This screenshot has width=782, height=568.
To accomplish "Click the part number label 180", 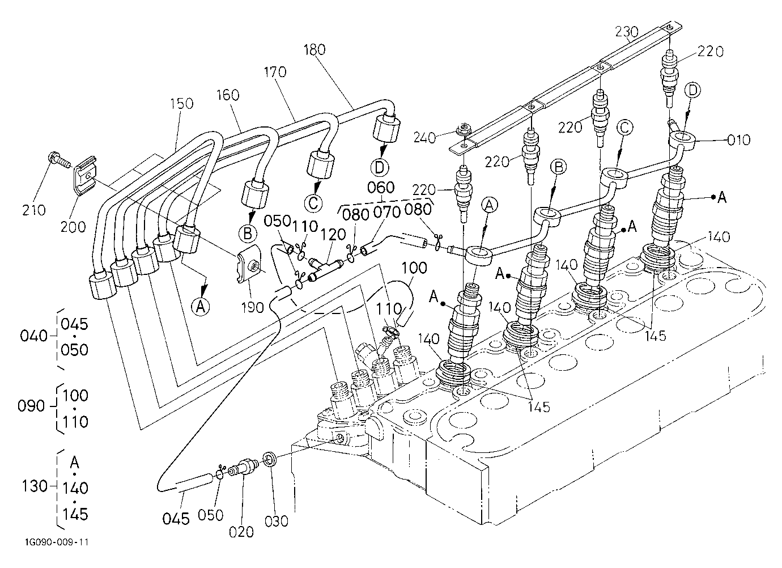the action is tap(314, 50).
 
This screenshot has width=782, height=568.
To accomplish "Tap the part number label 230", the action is tap(626, 32).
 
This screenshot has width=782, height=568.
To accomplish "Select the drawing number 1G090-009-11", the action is tap(57, 542).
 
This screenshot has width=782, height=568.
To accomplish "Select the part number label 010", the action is tap(739, 140).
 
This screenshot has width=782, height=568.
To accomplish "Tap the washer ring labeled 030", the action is tap(270, 459).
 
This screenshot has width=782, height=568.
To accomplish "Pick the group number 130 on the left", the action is tap(35, 486).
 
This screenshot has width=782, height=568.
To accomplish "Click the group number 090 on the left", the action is tap(31, 406).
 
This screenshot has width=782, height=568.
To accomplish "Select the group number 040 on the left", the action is tap(33, 336).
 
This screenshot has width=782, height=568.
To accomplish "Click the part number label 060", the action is tap(381, 188).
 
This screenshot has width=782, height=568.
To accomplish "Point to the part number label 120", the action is tap(334, 234).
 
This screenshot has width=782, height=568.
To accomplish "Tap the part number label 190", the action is tap(253, 307).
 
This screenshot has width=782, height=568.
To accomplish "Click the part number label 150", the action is tap(182, 103).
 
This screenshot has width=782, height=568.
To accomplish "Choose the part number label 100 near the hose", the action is tap(414, 268).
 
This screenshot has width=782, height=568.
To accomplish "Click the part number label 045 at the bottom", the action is tap(176, 519).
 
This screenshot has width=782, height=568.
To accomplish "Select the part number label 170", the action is tap(275, 72).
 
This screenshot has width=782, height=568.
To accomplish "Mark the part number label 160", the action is tap(228, 95).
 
